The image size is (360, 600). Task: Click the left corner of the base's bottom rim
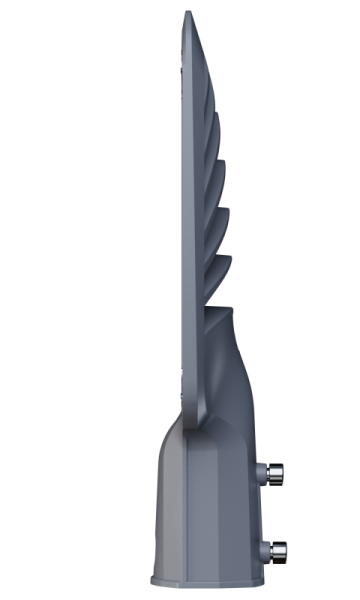153,580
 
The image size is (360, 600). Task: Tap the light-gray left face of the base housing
170,500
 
